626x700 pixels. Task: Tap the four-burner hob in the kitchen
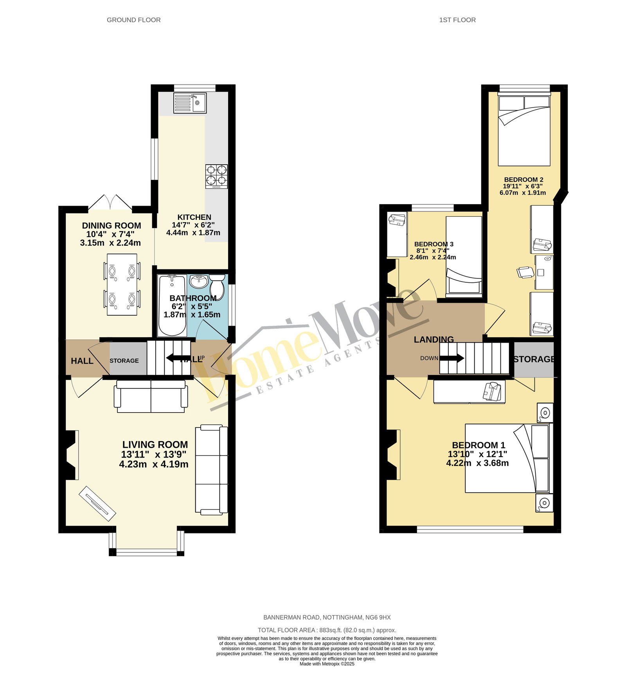216,177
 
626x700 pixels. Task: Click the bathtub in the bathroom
172,305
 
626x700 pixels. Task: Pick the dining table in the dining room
122,284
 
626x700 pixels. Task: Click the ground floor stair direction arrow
178,358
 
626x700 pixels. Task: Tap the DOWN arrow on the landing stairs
452,358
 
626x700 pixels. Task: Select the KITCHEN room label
194,217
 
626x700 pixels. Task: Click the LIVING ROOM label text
155,445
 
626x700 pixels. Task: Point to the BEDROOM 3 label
434,244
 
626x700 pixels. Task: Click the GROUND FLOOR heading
134,20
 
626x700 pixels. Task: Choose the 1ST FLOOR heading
457,20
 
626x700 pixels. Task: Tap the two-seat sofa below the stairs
151,396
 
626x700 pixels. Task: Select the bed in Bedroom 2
524,131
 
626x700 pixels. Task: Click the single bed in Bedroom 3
464,255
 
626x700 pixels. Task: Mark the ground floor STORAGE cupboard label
124,361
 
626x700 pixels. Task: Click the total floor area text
327,630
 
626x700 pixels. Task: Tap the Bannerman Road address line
327,617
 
